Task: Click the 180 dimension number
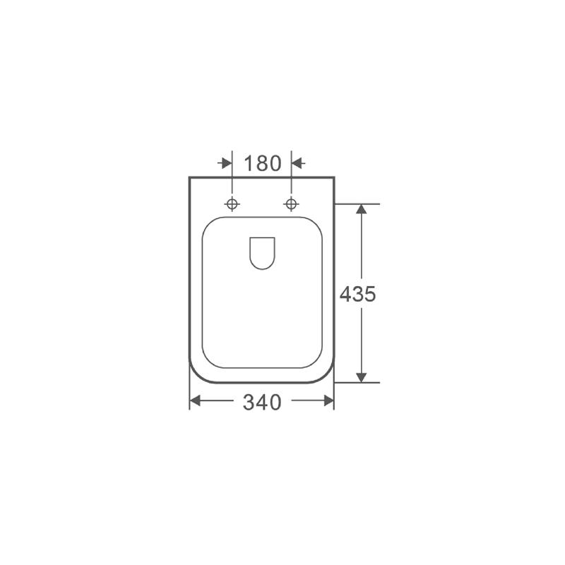[x=263, y=164]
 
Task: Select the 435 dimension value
[x=357, y=294]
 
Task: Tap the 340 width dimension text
[x=262, y=402]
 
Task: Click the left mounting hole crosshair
[x=232, y=204]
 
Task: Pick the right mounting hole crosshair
[x=291, y=204]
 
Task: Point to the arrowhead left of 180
[x=227, y=163]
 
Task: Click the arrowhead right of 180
[x=297, y=163]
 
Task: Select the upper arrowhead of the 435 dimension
[x=361, y=209]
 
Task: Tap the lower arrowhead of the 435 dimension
[x=361, y=377]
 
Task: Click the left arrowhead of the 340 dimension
[x=195, y=400]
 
